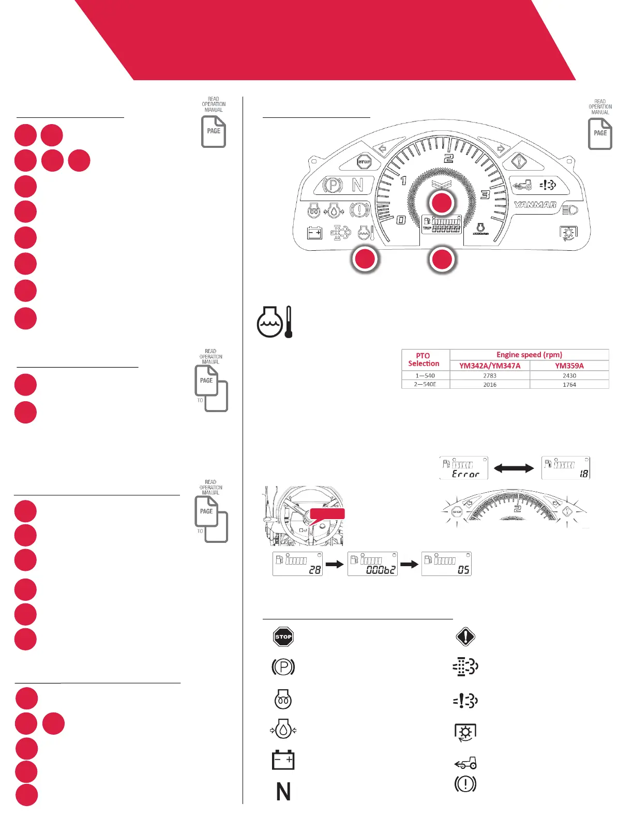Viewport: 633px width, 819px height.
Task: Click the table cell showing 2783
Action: (x=490, y=376)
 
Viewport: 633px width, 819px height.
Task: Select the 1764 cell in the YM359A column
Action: (x=569, y=385)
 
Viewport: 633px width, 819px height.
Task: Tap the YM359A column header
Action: (x=569, y=366)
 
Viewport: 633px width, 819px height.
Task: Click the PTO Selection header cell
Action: (x=424, y=359)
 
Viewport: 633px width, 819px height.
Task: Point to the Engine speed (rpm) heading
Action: (x=529, y=355)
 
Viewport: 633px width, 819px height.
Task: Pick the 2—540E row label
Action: (x=426, y=385)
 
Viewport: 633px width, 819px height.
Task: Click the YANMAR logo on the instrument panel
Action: (x=535, y=205)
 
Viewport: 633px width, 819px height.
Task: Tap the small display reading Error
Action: (x=464, y=468)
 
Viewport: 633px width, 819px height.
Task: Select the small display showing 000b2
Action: (x=372, y=564)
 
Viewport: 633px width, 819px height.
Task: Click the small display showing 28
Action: (x=297, y=564)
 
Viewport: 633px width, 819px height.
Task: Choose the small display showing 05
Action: (x=446, y=564)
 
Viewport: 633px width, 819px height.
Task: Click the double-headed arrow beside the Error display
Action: (x=514, y=468)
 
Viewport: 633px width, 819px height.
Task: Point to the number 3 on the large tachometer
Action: (x=485, y=195)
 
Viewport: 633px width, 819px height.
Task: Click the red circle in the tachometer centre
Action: (x=442, y=203)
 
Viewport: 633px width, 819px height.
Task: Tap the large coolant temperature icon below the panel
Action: (x=275, y=322)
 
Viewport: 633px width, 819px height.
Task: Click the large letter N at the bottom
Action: (x=283, y=792)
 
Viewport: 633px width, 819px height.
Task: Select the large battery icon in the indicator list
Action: (x=283, y=760)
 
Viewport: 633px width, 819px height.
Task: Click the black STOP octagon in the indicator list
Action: (x=283, y=636)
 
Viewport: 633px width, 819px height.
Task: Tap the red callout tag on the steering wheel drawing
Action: (x=327, y=513)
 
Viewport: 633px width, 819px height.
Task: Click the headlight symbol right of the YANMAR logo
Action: (x=569, y=210)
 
